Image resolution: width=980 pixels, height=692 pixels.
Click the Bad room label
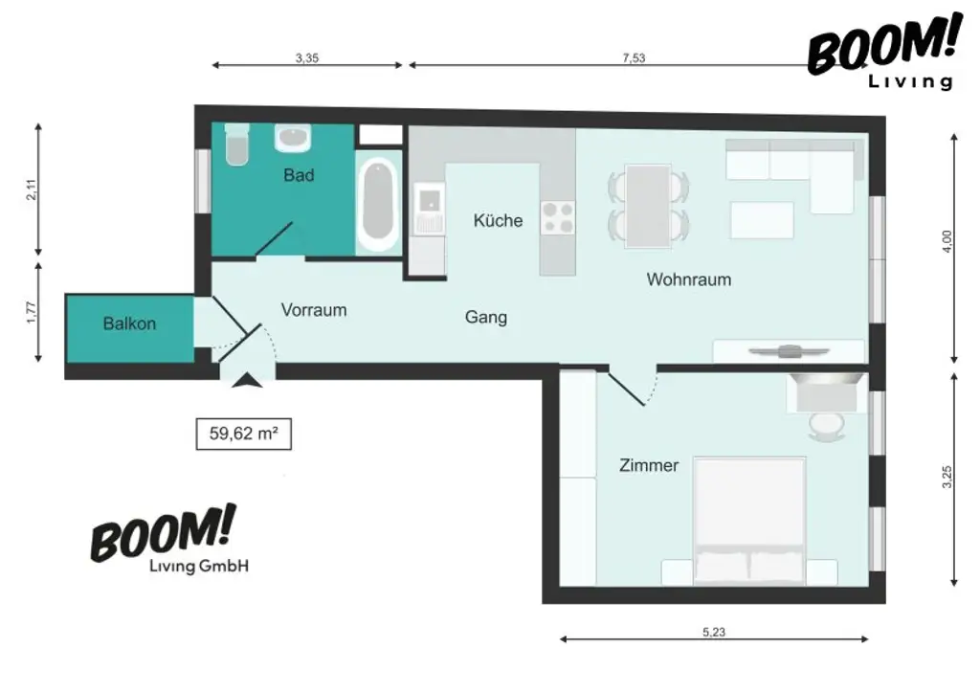[x=299, y=175]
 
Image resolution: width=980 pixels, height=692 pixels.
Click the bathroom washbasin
[x=293, y=138]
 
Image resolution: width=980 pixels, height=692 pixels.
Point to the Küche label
[x=498, y=220]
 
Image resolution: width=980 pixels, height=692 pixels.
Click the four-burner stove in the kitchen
[x=558, y=218]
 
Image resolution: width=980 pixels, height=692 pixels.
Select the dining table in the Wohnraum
[x=649, y=206]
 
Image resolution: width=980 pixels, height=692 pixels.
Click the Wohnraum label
[x=689, y=279]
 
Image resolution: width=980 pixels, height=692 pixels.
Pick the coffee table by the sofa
[x=762, y=220]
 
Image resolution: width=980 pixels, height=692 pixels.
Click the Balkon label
[x=129, y=324]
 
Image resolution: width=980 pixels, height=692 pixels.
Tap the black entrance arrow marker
[x=248, y=380]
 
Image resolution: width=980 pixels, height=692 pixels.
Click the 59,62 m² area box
[x=244, y=434]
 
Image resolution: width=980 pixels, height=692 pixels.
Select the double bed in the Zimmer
[x=749, y=522]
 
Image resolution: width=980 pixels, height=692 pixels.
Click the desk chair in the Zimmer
[x=826, y=428]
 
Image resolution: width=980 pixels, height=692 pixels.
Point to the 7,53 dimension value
[x=634, y=58]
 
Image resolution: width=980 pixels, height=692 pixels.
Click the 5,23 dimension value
[x=714, y=632]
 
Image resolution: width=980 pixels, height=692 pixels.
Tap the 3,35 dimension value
[x=307, y=58]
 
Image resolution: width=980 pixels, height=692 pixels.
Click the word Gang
[x=486, y=318]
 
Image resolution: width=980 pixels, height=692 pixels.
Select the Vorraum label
[x=314, y=310]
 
